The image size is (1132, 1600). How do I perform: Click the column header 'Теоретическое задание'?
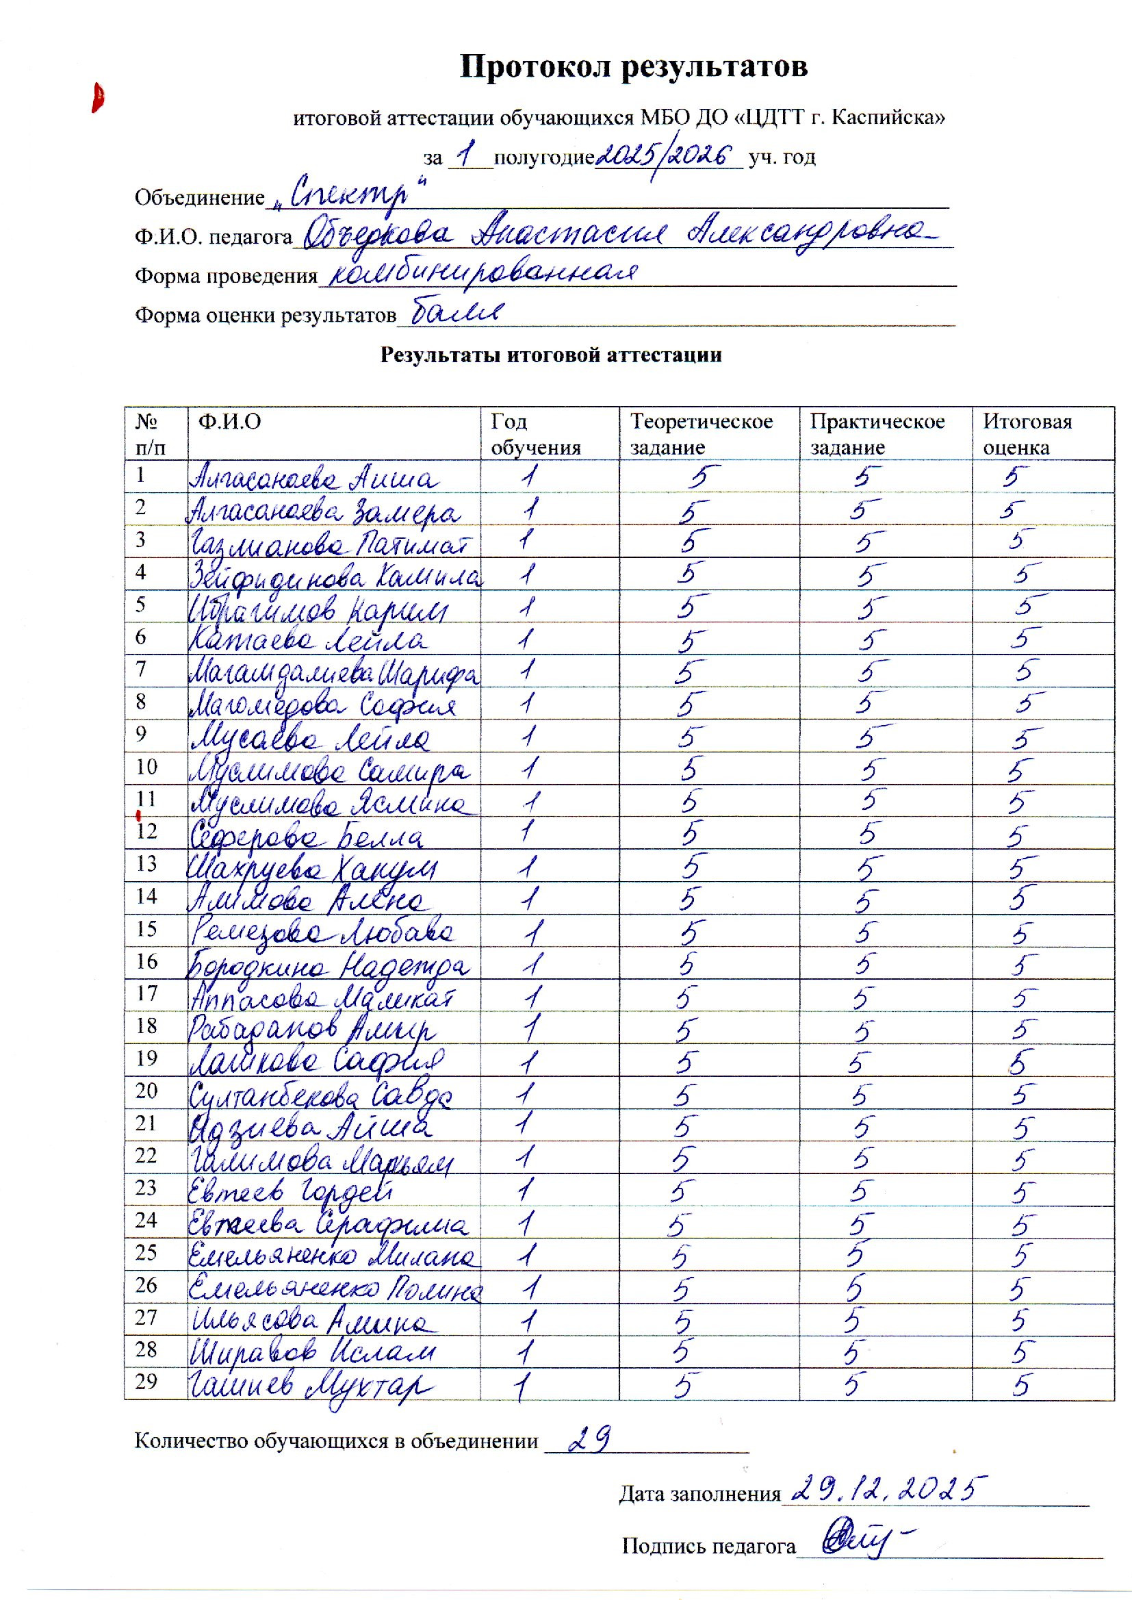(x=702, y=433)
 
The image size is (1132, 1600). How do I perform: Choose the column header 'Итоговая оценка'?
(x=1027, y=433)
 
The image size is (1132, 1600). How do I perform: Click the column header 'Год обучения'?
(x=535, y=433)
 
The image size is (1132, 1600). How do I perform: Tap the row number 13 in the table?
(x=146, y=864)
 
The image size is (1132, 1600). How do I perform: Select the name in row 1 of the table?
(x=315, y=479)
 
